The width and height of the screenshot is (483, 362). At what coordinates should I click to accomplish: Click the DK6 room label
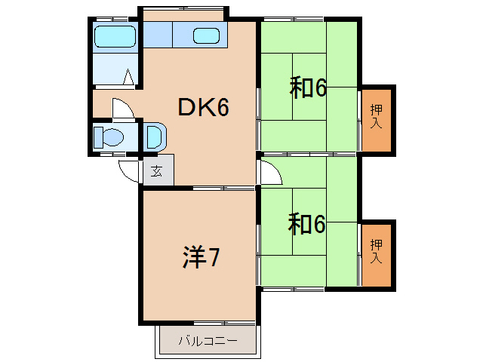(x=203, y=108)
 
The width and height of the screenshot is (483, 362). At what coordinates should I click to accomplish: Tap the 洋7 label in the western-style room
(x=201, y=259)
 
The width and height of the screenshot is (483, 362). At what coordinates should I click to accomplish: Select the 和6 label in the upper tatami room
(x=308, y=89)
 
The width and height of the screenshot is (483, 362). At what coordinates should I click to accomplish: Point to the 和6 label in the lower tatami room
(x=308, y=224)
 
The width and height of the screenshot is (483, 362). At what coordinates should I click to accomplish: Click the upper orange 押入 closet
(x=376, y=119)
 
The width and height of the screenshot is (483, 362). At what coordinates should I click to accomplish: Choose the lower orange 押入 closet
(x=376, y=254)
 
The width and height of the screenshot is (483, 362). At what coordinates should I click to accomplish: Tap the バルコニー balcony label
(x=208, y=341)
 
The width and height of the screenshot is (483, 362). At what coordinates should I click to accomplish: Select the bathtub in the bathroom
(x=115, y=36)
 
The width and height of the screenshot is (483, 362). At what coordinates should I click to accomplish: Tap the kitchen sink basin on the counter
(x=205, y=35)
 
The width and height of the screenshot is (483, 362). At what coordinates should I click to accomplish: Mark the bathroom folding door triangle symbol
(x=129, y=77)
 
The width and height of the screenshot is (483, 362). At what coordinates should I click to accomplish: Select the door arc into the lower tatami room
(x=269, y=173)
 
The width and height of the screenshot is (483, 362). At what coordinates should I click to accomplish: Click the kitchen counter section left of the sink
(x=158, y=35)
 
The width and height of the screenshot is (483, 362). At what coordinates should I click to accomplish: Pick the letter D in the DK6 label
(x=186, y=108)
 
